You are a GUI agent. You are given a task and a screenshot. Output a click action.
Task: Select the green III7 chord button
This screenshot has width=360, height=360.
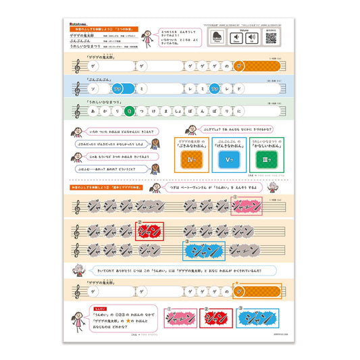click(x=264, y=159)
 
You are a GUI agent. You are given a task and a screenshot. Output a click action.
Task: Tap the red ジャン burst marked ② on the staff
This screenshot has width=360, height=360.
click(x=149, y=231)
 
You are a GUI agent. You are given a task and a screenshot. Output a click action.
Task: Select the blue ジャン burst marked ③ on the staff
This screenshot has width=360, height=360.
click(x=203, y=251)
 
